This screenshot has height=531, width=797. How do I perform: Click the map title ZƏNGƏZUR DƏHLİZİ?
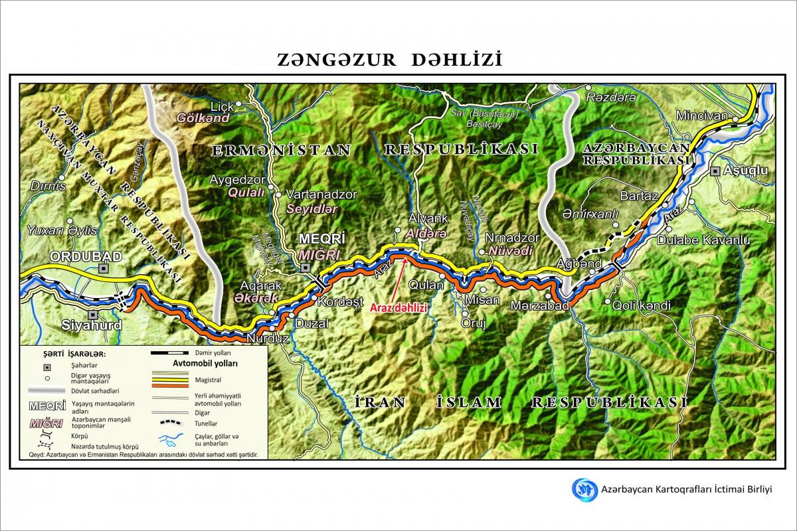390,60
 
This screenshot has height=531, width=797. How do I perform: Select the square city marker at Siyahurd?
93,315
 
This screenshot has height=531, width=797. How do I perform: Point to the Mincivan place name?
702,115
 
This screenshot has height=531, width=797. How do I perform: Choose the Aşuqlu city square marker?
715,171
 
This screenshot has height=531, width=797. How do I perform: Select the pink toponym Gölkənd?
203,118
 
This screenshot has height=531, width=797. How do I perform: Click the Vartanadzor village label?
321,195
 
